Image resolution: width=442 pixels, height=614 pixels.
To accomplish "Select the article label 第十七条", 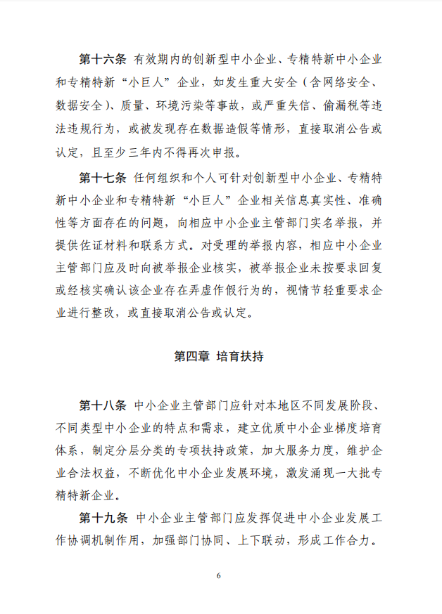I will (x=102, y=176).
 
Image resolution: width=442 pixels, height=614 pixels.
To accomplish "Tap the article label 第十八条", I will (x=102, y=406).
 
